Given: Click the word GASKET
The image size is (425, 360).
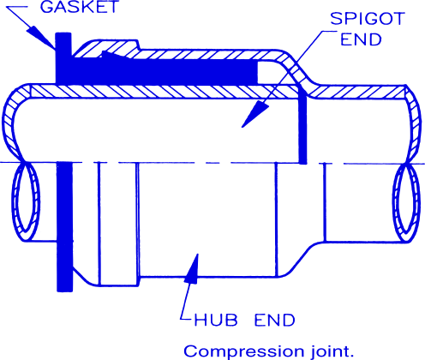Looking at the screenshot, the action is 80,7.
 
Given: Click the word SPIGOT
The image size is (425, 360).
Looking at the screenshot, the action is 368,19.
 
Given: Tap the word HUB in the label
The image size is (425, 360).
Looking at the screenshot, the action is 216,320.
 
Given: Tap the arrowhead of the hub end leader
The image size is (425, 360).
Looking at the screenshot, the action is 192,268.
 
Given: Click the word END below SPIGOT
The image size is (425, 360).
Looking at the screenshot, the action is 361,39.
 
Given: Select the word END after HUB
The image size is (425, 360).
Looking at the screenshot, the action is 274,320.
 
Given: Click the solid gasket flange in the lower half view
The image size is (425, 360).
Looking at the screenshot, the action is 64,226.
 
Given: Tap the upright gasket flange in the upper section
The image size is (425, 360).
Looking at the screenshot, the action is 63,58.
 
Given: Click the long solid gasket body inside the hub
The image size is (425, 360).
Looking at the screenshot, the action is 165,71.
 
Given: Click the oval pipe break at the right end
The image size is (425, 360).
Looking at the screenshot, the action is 406,202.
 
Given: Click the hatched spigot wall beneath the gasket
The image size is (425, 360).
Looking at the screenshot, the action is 160,92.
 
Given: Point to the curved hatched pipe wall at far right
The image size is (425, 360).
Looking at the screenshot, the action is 414,123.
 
